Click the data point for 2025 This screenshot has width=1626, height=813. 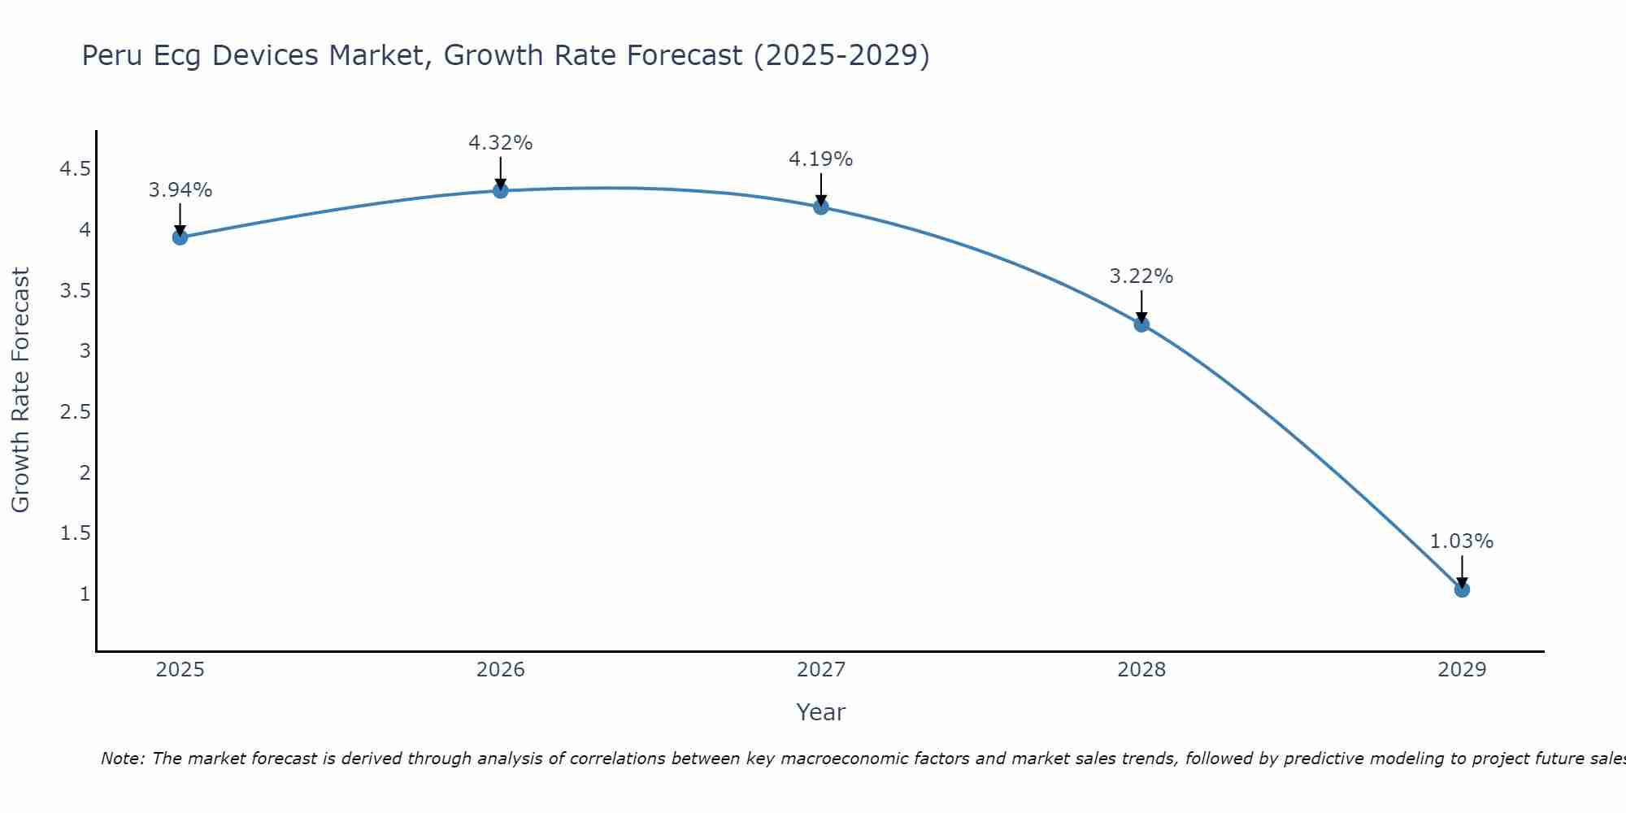[180, 237]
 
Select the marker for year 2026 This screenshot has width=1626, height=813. [501, 190]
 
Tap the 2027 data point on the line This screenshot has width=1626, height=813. [821, 207]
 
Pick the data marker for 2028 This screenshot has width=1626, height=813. [1141, 324]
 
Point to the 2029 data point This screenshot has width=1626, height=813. [1462, 589]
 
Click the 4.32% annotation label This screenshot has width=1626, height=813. [500, 143]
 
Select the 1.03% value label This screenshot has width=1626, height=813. [1461, 541]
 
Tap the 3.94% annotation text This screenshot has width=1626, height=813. [180, 190]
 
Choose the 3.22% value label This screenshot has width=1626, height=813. [1141, 276]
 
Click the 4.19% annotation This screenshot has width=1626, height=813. [820, 159]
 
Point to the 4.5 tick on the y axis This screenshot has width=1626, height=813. [75, 169]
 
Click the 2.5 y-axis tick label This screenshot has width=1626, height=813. [75, 412]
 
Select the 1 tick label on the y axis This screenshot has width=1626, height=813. [85, 594]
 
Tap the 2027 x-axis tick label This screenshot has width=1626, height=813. [821, 670]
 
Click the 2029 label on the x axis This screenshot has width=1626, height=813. [1462, 670]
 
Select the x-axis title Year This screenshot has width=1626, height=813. [820, 712]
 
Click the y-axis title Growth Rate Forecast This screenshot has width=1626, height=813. [20, 390]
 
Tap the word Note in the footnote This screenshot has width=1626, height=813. [121, 759]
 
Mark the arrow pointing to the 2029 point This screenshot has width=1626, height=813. [1462, 572]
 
